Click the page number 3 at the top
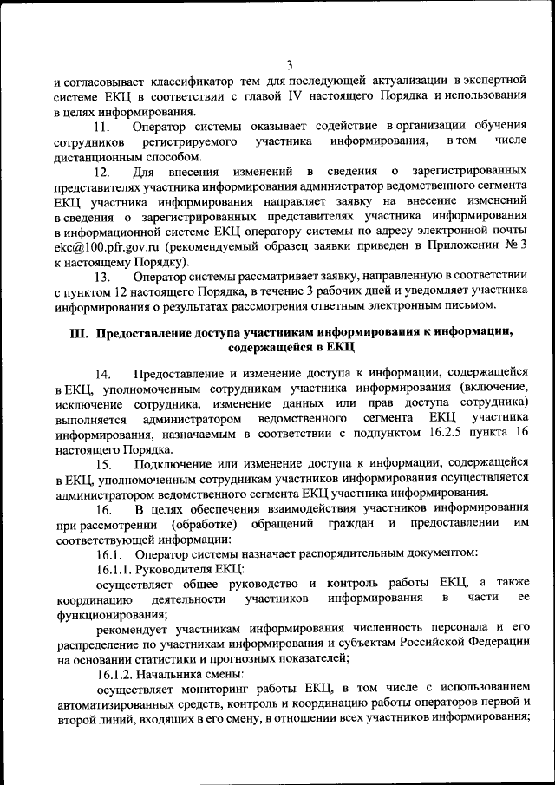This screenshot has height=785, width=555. [x=289, y=64]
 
